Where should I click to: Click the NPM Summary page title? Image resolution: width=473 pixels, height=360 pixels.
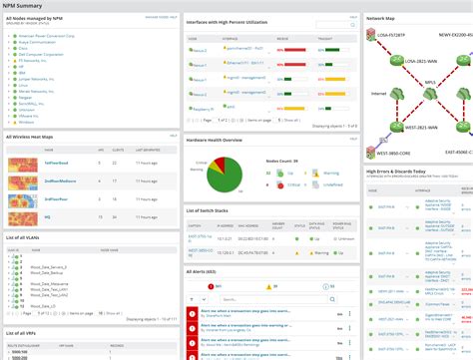(x=22, y=6)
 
